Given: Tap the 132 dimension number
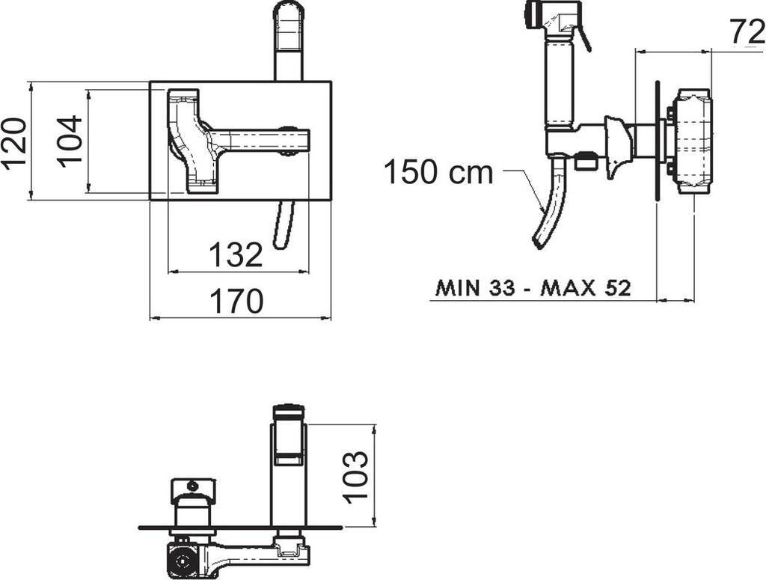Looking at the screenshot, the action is (236, 254).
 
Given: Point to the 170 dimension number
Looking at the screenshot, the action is (236, 301).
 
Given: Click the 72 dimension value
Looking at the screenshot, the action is (747, 33).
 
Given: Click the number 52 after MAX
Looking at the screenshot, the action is (617, 288).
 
